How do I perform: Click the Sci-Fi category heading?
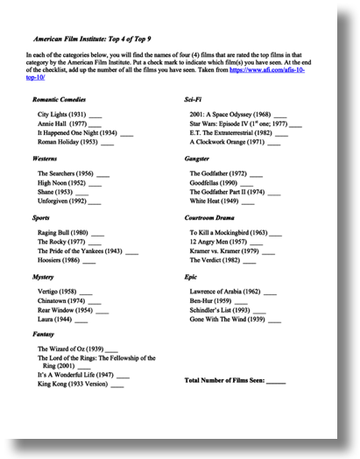click(x=194, y=100)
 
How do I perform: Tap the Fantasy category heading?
click(x=44, y=334)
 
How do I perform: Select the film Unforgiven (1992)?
click(x=62, y=201)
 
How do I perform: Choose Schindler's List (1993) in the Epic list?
click(x=220, y=309)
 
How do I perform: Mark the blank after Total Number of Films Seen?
click(x=275, y=381)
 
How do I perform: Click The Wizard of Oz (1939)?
click(x=70, y=349)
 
